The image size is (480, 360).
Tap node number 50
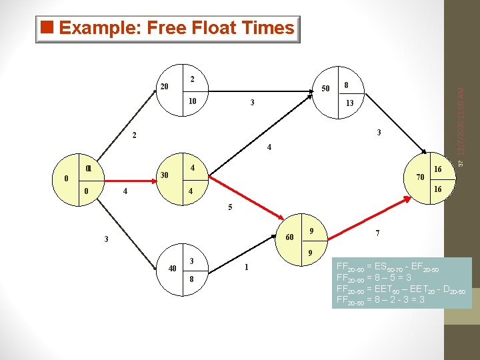click(x=326, y=88)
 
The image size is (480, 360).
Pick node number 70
click(x=421, y=177)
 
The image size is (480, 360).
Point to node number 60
click(x=290, y=238)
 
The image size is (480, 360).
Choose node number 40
click(x=172, y=268)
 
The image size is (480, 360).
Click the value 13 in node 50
click(x=349, y=103)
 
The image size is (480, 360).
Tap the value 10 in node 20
click(x=191, y=101)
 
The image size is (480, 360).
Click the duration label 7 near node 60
click(x=378, y=233)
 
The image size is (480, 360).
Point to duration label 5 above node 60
click(x=230, y=207)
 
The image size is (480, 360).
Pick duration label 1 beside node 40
click(x=246, y=267)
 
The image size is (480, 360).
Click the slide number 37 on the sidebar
click(x=467, y=164)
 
